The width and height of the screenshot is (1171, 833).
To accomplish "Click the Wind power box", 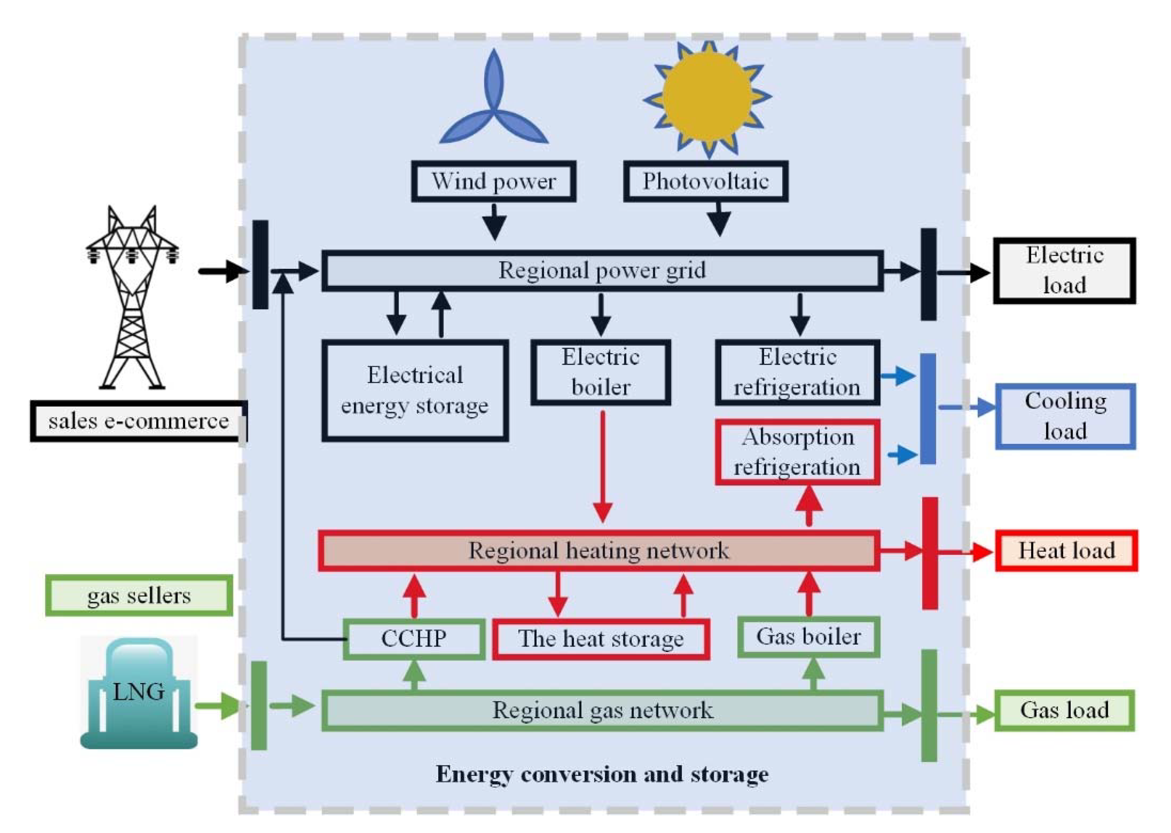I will point(493,181).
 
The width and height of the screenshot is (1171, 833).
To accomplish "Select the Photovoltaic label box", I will point(705,181).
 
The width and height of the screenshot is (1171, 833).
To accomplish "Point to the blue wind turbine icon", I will point(494,103).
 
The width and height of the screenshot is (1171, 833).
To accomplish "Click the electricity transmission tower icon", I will point(132,297).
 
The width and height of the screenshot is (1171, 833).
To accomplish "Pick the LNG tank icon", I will point(139,692).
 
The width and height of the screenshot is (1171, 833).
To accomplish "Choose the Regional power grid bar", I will point(602,271).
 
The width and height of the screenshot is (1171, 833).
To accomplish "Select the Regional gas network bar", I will point(602,710).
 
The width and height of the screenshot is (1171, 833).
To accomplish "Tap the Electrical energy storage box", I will point(415,390).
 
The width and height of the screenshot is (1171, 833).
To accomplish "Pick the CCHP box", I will point(414,639).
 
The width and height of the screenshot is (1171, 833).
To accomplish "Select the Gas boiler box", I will point(808,637).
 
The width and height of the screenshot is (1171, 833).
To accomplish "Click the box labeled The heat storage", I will point(601,639).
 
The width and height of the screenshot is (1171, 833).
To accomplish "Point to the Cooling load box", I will point(1065,416).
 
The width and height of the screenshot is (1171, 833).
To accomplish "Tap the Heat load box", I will point(1066,551).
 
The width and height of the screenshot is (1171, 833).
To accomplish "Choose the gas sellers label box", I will point(139,595).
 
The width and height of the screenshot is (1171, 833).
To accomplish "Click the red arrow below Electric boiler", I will point(602,467).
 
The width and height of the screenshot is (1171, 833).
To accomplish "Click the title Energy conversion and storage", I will point(602,774).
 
